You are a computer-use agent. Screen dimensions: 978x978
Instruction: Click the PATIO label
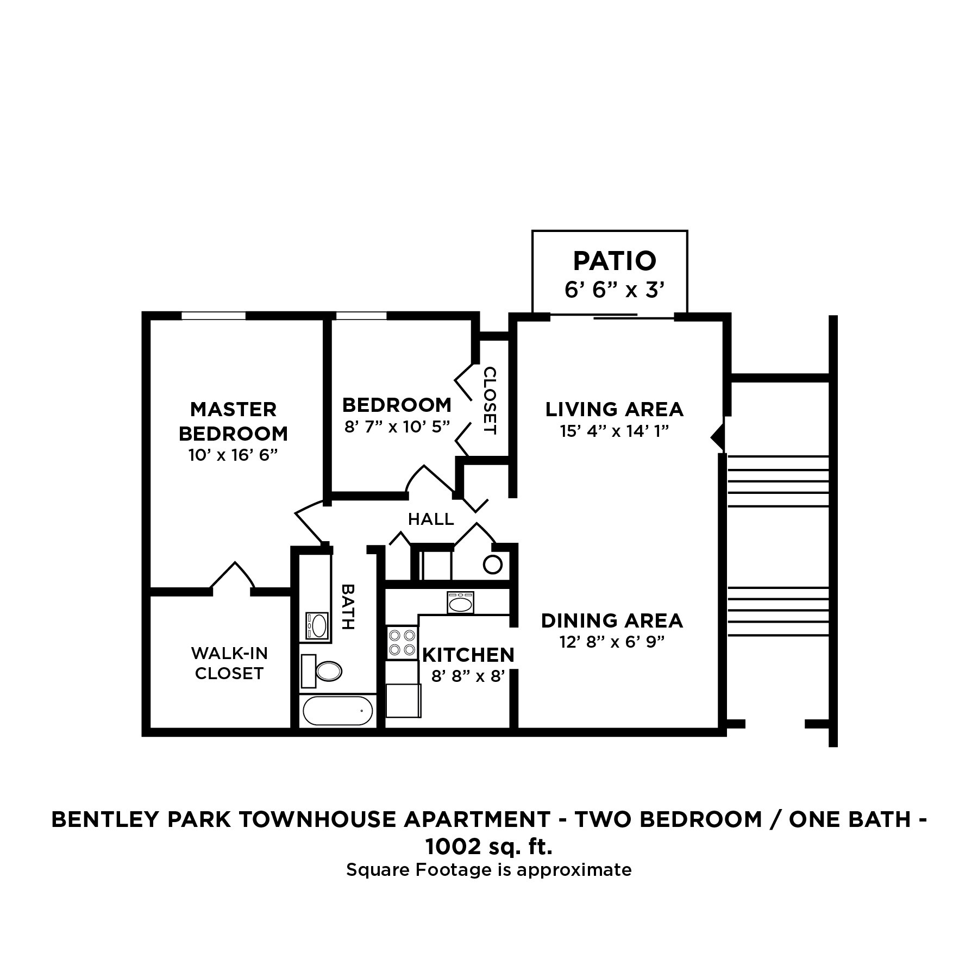615,261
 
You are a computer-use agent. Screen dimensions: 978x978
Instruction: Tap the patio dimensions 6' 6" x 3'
615,291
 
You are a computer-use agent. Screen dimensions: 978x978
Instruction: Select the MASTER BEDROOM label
233,421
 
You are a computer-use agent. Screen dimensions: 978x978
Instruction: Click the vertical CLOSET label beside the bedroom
490,401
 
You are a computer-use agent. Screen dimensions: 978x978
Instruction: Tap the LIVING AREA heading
614,409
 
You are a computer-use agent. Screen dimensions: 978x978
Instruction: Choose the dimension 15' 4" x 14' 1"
614,431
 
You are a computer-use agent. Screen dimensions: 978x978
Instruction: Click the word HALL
431,519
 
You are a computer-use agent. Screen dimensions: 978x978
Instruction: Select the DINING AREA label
612,620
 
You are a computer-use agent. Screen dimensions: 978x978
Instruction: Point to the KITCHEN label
468,655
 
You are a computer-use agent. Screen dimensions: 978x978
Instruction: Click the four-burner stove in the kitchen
402,642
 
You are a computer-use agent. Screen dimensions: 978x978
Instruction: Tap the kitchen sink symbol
461,603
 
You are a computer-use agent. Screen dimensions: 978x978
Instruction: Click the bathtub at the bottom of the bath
337,711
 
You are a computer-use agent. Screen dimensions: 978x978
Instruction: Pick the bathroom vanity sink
317,625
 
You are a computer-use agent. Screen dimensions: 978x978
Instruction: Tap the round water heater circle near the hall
493,565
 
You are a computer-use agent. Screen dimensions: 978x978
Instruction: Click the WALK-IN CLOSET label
229,663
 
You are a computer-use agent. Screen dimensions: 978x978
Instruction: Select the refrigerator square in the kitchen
403,701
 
